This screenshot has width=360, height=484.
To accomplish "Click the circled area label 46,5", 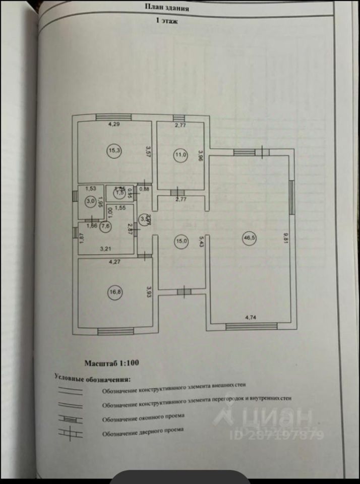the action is (248, 239).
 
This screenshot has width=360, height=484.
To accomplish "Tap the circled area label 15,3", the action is (113, 150).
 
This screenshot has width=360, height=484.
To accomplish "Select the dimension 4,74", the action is (251, 318).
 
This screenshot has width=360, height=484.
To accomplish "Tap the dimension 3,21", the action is (105, 249).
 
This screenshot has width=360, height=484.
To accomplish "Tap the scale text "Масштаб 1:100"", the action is (111, 362).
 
